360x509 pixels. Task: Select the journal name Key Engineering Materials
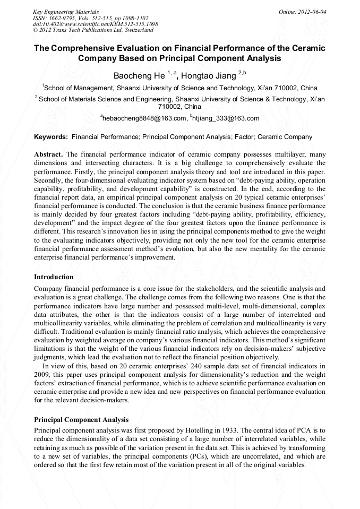(x=66, y=12)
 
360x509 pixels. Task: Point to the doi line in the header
(x=95, y=24)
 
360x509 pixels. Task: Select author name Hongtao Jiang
(x=209, y=75)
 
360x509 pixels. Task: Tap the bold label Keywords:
(x=51, y=137)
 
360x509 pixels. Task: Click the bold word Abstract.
(x=48, y=154)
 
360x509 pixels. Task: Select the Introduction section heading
(x=54, y=277)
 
